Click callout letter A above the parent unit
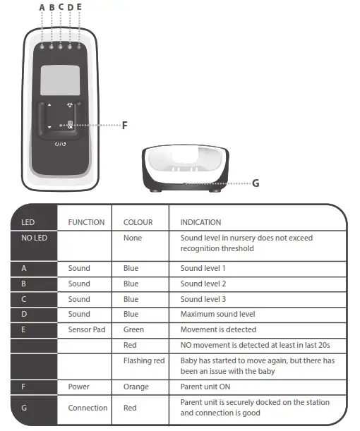click(42, 7)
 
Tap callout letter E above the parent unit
click(79, 7)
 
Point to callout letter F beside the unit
click(124, 126)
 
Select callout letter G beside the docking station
click(256, 183)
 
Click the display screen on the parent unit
click(60, 81)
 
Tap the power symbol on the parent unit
click(60, 143)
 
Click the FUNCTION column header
click(86, 222)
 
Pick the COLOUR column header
click(138, 222)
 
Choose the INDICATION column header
click(200, 222)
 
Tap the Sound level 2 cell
click(204, 284)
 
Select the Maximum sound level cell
click(217, 314)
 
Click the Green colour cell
click(133, 329)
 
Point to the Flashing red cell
click(144, 360)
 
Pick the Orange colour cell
click(136, 387)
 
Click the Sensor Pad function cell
click(88, 329)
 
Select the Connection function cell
click(88, 408)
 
